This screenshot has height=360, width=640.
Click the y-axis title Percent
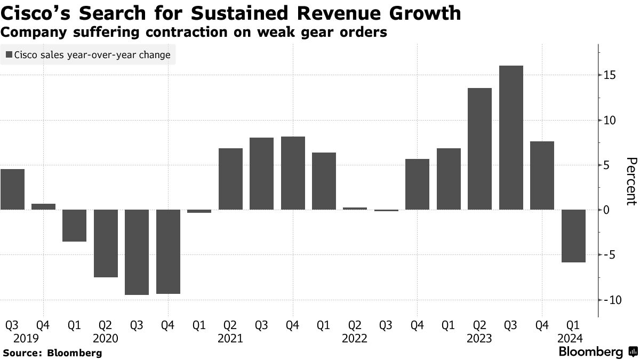click(631, 181)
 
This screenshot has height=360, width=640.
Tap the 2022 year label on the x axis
click(355, 338)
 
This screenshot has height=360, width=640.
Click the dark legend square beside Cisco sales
click(9, 55)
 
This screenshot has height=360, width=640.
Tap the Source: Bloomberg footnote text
click(52, 353)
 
